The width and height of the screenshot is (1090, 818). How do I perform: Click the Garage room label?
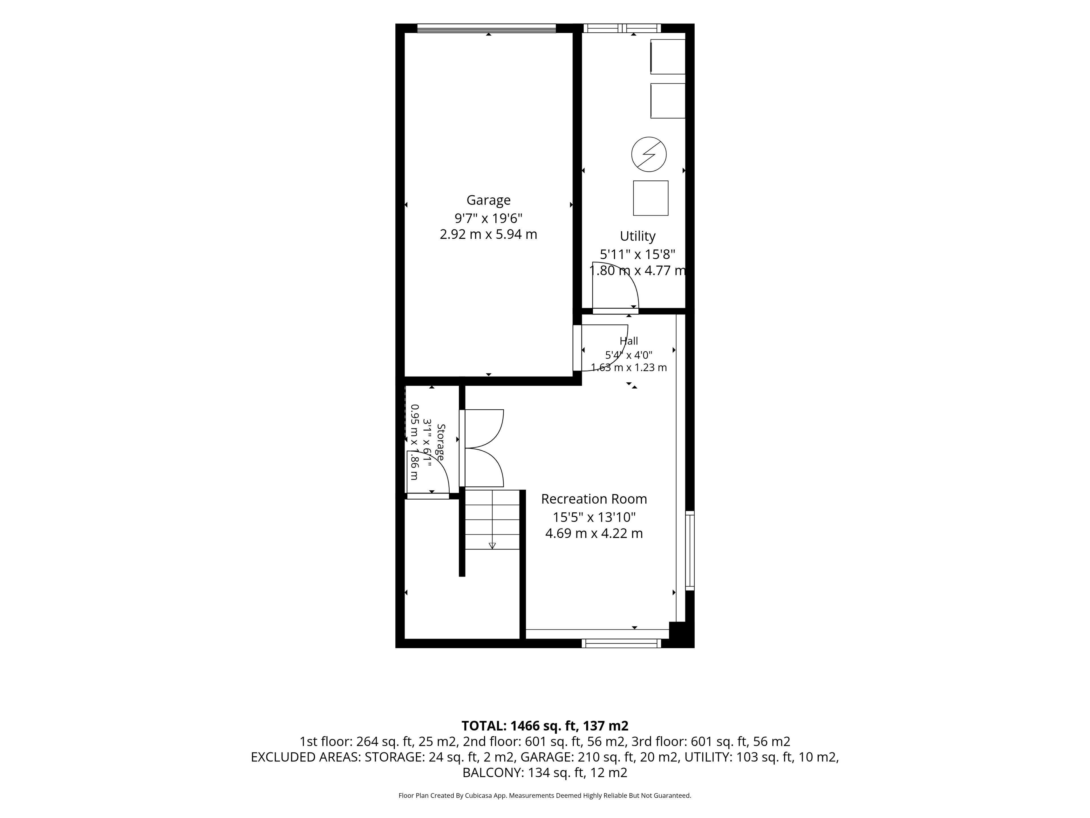(488, 200)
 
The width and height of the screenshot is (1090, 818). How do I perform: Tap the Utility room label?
(638, 236)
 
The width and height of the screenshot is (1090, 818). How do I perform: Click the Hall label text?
(629, 341)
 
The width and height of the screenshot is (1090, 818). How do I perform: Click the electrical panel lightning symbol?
(649, 154)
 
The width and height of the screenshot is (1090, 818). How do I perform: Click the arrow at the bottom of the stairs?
(492, 545)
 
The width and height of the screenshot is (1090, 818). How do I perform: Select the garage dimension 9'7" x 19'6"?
(488, 218)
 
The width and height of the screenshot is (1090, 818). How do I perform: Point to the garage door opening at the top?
(486, 28)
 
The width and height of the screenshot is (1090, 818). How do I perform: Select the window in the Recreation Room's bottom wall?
(621, 643)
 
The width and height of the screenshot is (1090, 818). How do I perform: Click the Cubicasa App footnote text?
(544, 795)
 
